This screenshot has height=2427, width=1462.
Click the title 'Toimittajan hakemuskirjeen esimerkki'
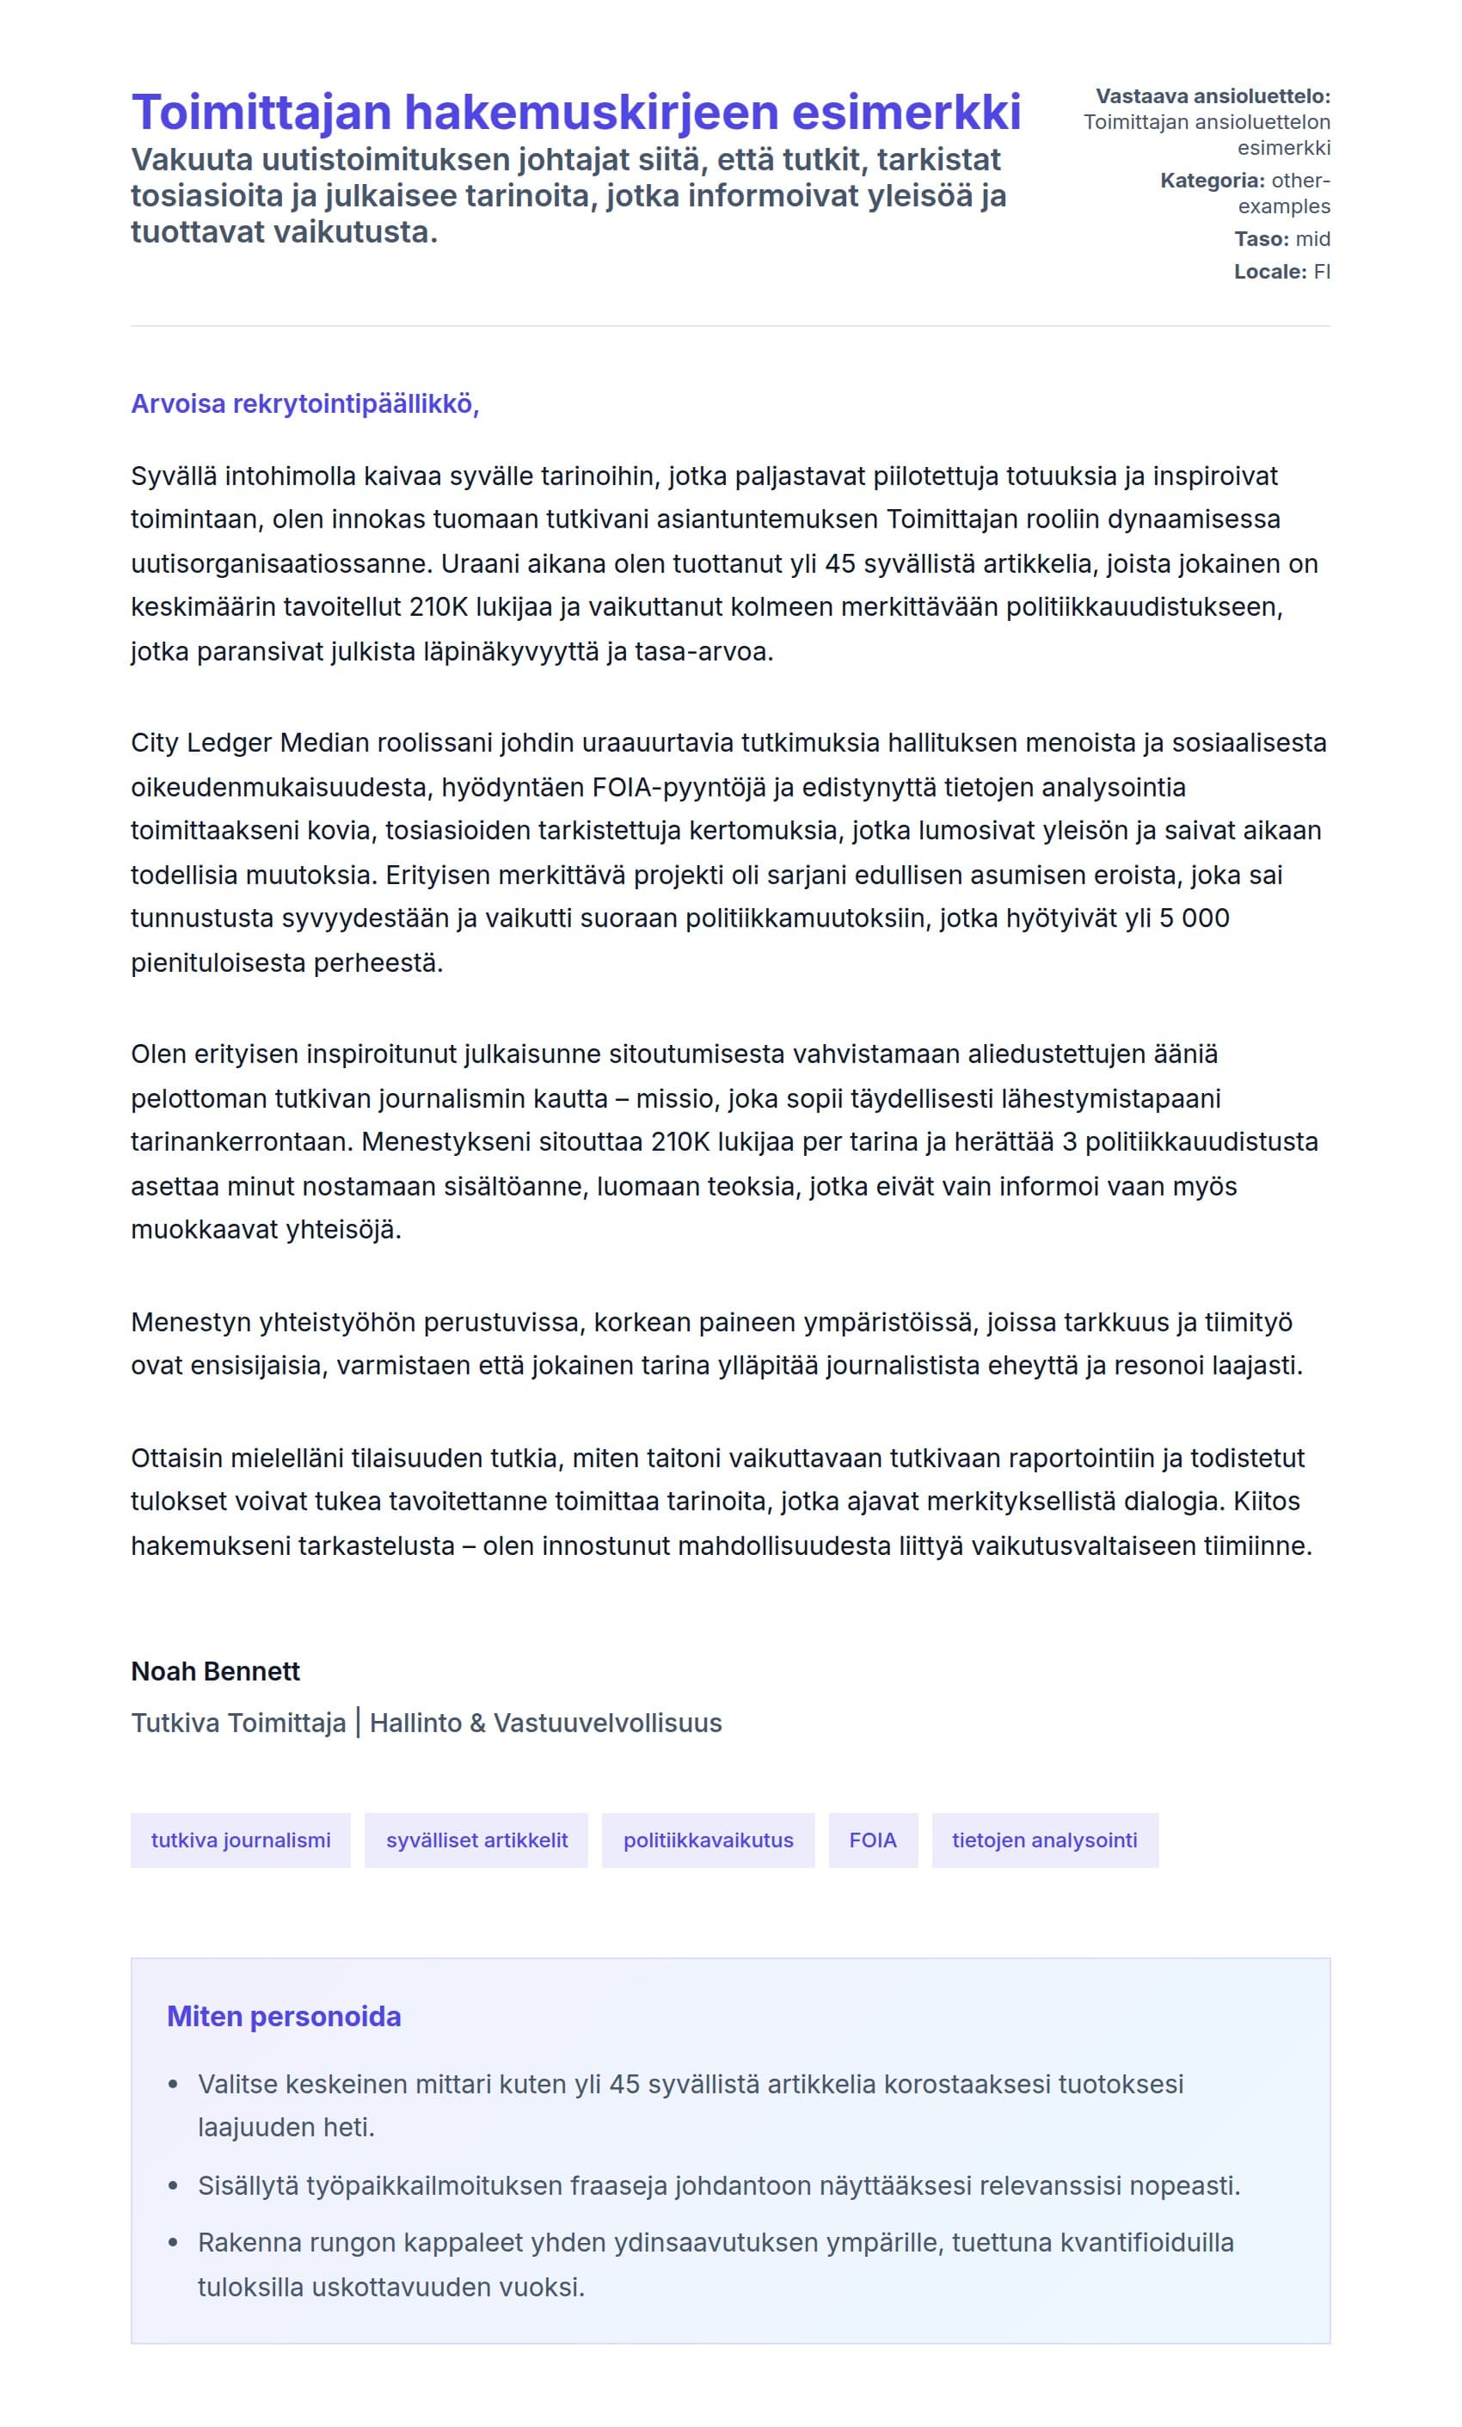click(x=575, y=111)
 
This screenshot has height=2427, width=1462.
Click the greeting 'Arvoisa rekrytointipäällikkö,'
click(x=304, y=404)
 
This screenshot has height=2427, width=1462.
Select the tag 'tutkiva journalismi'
click(x=241, y=1840)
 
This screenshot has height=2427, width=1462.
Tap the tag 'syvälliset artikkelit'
click(x=476, y=1840)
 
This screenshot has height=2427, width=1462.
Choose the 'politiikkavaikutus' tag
click(x=708, y=1840)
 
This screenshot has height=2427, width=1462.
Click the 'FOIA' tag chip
click(x=873, y=1840)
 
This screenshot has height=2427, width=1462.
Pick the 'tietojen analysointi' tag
click(x=1044, y=1840)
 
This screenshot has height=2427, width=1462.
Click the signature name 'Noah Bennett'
click(x=215, y=1672)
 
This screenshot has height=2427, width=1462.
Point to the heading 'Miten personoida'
click(x=284, y=2016)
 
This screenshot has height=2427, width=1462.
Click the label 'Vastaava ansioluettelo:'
click(x=1213, y=96)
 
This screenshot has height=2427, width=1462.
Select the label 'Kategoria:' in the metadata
click(x=1212, y=181)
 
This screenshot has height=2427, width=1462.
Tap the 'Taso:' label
click(x=1261, y=238)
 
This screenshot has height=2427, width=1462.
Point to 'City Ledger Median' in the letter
click(x=251, y=743)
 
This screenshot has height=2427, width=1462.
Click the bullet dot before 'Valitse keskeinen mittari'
click(x=174, y=2086)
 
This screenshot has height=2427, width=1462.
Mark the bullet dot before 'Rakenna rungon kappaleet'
click(x=174, y=2243)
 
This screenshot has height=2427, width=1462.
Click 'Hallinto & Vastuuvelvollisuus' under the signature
click(x=546, y=1723)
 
